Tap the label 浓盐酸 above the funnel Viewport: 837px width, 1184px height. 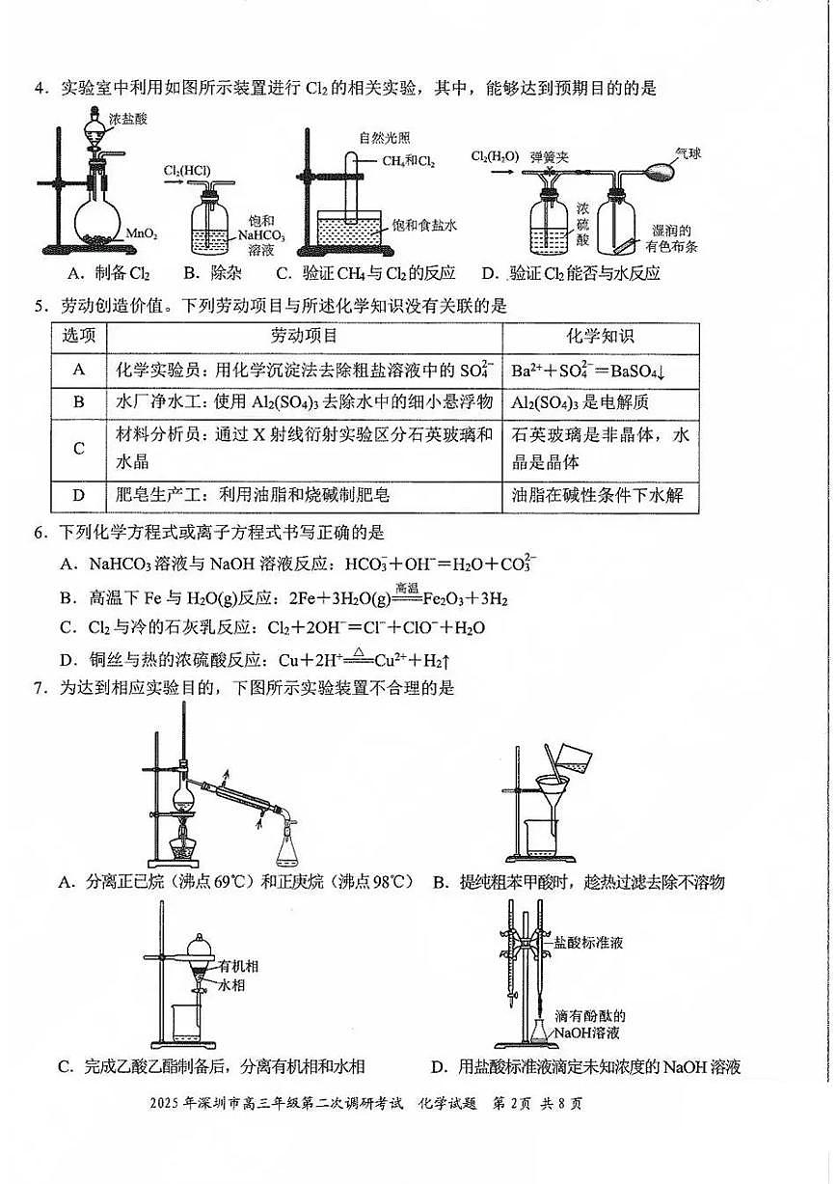coord(127,120)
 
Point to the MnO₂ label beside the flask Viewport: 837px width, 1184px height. coord(142,234)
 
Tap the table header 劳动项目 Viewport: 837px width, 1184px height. coord(304,336)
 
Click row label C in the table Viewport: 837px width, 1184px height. coord(79,449)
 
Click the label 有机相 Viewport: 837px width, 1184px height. coord(237,965)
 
